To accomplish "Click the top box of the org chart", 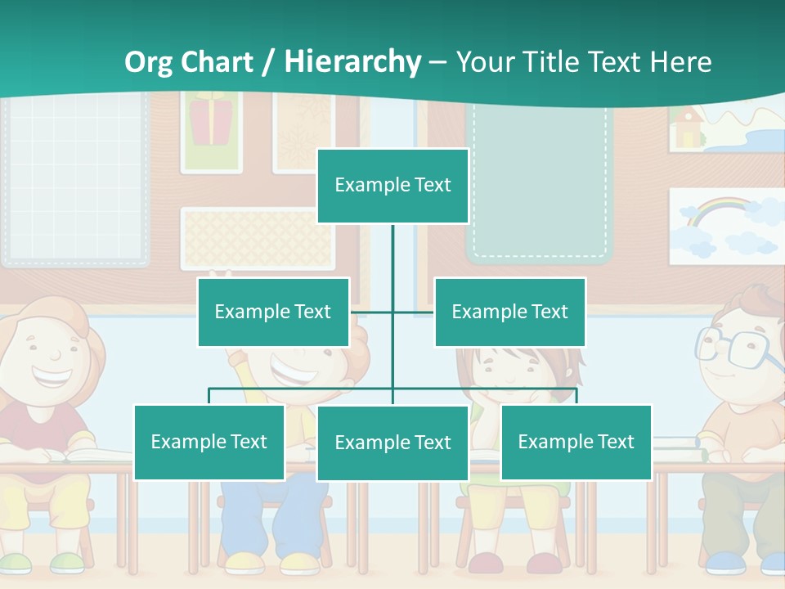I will pos(392,186).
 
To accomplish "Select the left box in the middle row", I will pos(273,312).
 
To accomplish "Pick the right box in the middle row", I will pos(509,312).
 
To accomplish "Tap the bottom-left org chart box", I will pos(209,442).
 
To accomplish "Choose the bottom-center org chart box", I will pos(392,443).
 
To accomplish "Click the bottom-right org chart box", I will pos(576,442).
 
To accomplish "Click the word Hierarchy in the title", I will pos(352,62).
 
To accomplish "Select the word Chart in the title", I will pos(215,62).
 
